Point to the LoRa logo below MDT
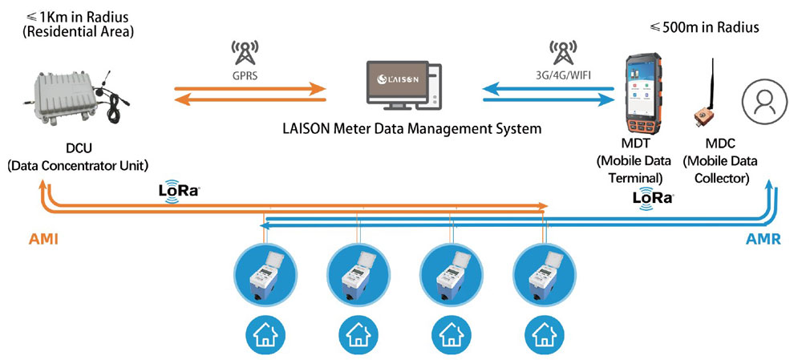coord(651,197)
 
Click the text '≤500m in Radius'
coord(703,28)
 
